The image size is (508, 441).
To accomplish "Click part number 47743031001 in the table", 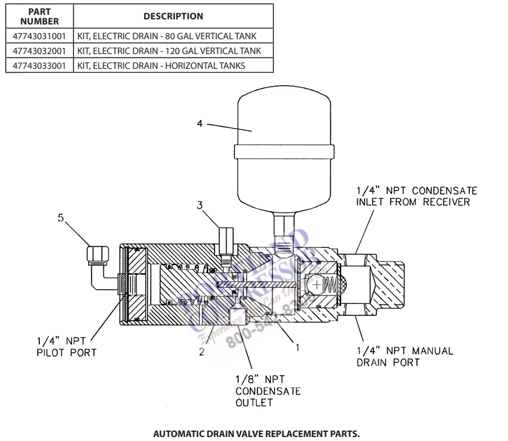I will point(39,36).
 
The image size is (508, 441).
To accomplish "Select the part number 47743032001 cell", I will point(39,51).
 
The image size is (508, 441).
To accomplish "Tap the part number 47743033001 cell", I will point(39,65).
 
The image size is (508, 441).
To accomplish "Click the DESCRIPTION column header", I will point(173,17).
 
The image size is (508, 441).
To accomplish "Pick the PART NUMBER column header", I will point(39,17).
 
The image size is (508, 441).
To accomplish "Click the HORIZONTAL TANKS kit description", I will point(161,65).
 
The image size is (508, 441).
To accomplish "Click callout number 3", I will point(200,205).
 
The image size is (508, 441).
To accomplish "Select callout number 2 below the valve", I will point(201,352).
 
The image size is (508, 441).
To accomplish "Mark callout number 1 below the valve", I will point(296,344).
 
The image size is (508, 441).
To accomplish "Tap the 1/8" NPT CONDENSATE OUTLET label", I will point(260,391).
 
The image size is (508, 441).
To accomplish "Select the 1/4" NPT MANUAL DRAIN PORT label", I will point(404,357).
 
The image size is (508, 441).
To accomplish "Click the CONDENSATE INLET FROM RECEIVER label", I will point(416,196).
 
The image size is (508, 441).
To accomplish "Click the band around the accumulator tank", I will point(267,153).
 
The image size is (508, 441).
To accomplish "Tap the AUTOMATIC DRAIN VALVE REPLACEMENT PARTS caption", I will point(256,434).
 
